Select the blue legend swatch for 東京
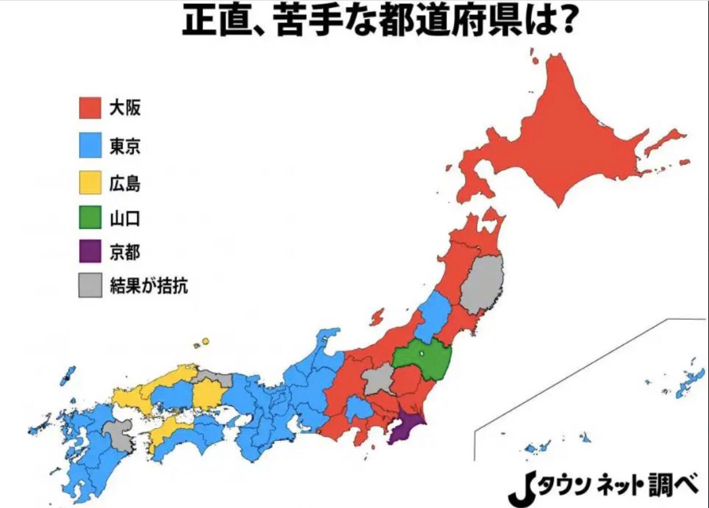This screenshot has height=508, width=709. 91,145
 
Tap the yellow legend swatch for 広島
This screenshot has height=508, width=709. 91,182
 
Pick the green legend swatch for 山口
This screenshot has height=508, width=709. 91,217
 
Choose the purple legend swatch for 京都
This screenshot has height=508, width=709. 91,253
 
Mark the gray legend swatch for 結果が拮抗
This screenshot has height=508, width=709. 91,287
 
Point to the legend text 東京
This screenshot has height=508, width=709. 125,145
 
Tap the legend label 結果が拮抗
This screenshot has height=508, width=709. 148,287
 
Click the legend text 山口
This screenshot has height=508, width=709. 125,217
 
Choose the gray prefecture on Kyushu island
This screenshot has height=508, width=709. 118,435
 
